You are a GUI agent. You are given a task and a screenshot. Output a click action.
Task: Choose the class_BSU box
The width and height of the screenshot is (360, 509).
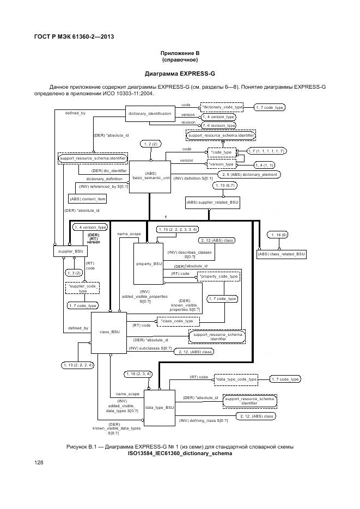[x=109, y=332]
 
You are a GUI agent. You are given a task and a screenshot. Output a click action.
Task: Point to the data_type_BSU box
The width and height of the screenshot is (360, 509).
[x=160, y=407]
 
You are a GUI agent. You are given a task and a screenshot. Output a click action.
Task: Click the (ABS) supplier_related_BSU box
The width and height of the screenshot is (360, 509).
[x=212, y=203]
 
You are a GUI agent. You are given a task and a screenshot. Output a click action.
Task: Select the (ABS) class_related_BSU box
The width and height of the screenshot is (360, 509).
[x=282, y=254]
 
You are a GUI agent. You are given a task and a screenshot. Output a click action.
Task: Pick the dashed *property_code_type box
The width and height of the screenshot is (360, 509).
[x=218, y=277]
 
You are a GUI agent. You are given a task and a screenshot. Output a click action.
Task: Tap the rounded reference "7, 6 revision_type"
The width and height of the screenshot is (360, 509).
[x=218, y=125]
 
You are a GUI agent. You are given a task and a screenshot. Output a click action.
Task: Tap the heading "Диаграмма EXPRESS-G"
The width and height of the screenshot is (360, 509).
[x=179, y=73]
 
